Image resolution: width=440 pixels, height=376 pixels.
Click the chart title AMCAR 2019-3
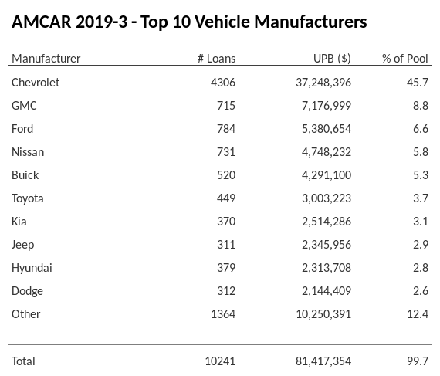coord(189,22)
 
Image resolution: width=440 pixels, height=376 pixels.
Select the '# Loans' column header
coord(217,59)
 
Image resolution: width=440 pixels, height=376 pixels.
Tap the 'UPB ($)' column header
coord(333,59)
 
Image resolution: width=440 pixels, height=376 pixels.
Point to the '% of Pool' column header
coord(405,59)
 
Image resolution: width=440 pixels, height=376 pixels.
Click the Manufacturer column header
coord(46,59)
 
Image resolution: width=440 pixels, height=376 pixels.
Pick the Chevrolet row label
coord(36,82)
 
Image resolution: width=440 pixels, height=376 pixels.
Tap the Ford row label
coord(22,128)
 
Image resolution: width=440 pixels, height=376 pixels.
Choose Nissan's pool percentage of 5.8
coord(420,151)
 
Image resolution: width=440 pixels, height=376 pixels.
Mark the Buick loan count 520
coord(226,174)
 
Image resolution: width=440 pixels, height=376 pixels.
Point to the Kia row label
coord(20,221)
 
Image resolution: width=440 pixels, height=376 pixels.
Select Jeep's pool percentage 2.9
coord(420,244)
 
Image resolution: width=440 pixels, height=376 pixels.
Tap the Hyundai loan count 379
coord(226,267)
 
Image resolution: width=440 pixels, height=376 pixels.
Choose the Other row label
coord(26,313)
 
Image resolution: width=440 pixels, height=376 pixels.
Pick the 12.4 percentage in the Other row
coord(418,313)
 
